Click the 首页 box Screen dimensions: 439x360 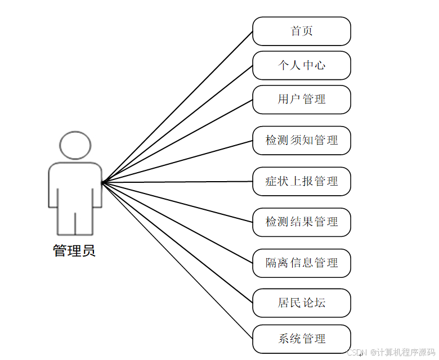coord(302,31)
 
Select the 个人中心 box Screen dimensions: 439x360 coord(302,65)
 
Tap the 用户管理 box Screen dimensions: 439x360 coord(302,100)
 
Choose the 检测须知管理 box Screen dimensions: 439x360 coord(302,140)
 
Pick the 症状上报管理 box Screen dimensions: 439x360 coord(302,181)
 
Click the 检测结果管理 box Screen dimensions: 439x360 coord(302,222)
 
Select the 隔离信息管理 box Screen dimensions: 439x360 coord(302,263)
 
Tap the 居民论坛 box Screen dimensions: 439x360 coord(302,303)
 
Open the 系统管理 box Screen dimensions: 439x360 coord(302,339)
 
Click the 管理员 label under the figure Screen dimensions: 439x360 coord(74,250)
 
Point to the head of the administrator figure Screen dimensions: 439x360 coord(75,145)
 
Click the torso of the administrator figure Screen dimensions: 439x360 coord(75,186)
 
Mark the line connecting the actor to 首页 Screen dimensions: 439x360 coord(177,107)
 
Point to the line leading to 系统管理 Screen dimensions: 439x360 coord(177,260)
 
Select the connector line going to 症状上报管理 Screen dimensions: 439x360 coord(177,182)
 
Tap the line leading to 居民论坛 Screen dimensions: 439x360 coord(177,242)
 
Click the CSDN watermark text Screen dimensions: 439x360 coord(391,353)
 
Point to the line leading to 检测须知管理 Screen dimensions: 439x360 coord(177,161)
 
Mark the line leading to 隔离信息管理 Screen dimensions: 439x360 coord(177,222)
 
